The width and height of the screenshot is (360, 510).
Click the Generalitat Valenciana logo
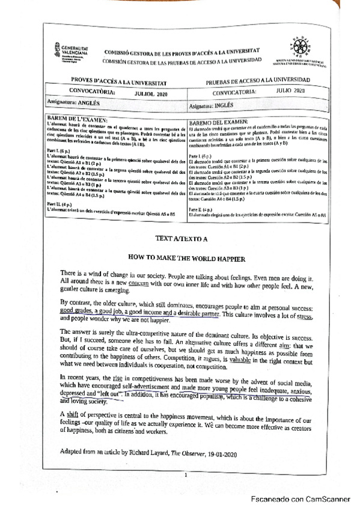72,47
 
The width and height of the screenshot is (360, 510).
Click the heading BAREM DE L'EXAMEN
77,119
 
